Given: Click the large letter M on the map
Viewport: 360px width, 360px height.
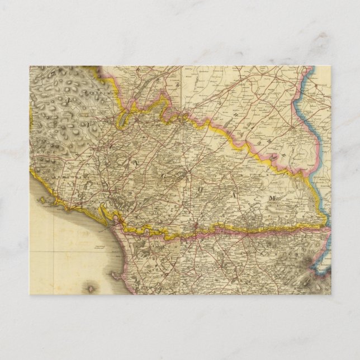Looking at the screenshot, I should (273, 198).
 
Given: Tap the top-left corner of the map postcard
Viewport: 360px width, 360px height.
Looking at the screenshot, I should (30, 66).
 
